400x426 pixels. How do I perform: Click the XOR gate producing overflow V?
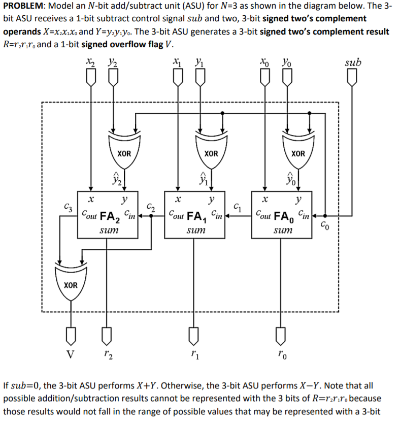pos(71,283)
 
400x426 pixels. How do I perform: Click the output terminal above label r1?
pos(193,335)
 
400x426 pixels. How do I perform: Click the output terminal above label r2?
pos(106,335)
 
